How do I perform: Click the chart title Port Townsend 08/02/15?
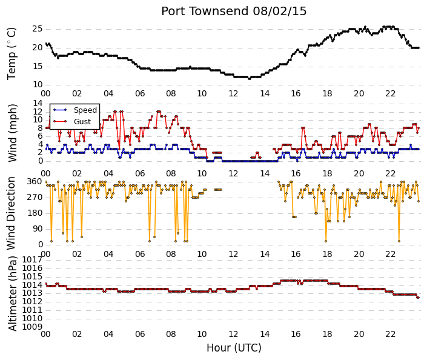(x=234, y=12)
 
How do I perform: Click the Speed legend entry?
(x=75, y=110)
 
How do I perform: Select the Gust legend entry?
(x=72, y=122)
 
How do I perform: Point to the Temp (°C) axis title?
(x=12, y=54)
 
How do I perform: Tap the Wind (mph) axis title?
(x=12, y=133)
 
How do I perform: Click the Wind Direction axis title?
(x=11, y=213)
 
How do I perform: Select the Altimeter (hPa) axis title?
(x=12, y=293)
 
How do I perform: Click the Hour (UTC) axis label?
(x=234, y=348)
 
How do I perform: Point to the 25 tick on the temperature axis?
(x=38, y=29)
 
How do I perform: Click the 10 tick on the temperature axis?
(x=38, y=85)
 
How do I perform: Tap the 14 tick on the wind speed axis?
(x=38, y=103)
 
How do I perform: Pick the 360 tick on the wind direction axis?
(x=35, y=182)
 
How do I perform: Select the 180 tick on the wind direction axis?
(x=35, y=213)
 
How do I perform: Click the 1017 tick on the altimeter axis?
(x=33, y=259)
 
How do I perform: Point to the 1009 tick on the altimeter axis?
(x=33, y=327)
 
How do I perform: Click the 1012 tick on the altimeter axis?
(x=33, y=302)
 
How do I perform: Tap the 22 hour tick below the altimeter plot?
(x=390, y=334)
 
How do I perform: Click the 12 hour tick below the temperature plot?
(x=233, y=94)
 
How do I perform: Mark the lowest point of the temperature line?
(x=249, y=79)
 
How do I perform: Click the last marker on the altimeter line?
(x=419, y=298)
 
